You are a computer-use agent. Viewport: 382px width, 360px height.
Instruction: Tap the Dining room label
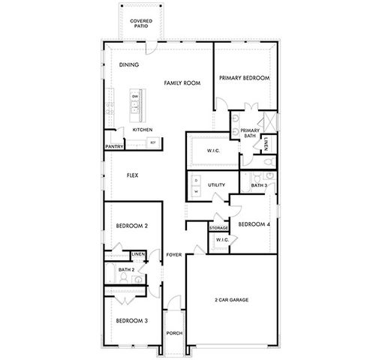[129, 65]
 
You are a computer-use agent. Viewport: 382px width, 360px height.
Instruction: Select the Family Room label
[182, 82]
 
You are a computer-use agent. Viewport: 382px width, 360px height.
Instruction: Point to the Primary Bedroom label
[244, 78]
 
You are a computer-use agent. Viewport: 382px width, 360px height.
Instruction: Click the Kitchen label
[143, 130]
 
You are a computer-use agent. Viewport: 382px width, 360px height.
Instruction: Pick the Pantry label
[115, 147]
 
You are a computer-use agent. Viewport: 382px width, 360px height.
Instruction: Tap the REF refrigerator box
[153, 142]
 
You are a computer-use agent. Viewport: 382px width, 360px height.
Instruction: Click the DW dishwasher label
[135, 97]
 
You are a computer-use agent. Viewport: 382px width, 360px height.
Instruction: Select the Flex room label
[132, 175]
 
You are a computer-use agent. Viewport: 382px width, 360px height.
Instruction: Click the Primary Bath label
[250, 133]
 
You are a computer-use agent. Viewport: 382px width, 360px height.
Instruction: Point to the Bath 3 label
[259, 184]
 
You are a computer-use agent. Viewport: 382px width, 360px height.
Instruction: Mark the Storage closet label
[218, 227]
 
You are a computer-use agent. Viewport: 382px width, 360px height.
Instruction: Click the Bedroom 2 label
[131, 226]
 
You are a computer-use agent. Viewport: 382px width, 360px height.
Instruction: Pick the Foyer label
[174, 255]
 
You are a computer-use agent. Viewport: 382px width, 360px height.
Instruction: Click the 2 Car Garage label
[230, 300]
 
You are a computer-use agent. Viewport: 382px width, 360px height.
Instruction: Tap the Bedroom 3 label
[131, 321]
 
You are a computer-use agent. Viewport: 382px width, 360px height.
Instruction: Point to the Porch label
[174, 333]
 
